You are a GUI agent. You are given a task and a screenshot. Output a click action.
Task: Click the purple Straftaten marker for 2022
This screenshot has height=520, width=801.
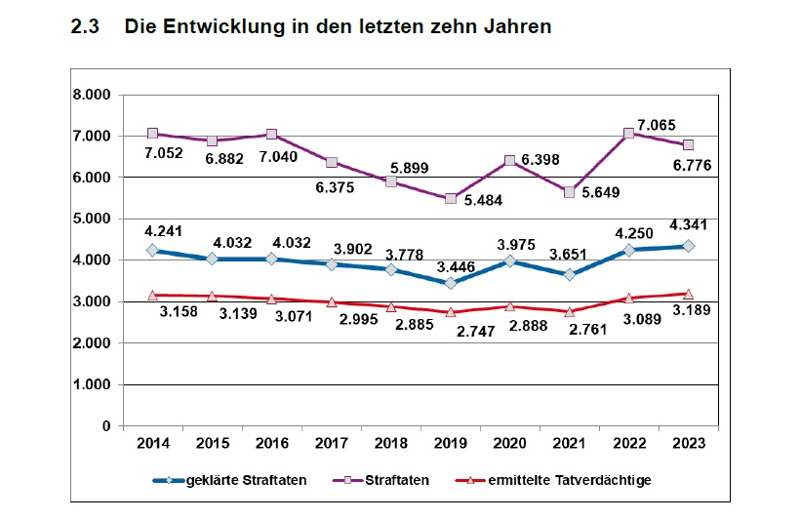point(629,133)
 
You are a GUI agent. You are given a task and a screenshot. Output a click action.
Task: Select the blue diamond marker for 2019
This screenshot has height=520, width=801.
point(451,283)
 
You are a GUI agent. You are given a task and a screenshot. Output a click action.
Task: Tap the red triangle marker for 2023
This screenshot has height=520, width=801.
point(688,294)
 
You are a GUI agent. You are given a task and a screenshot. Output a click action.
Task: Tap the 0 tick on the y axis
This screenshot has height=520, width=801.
point(104,426)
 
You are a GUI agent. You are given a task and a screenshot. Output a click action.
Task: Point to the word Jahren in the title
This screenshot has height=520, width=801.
point(519,27)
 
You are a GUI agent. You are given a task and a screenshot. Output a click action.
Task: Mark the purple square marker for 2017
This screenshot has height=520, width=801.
point(332,162)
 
